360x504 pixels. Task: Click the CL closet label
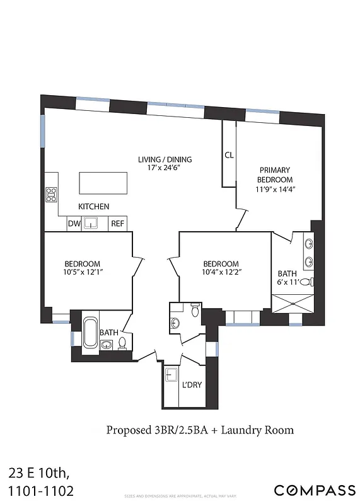[229, 155]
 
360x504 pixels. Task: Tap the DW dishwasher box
[74, 223]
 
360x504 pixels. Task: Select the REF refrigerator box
[117, 223]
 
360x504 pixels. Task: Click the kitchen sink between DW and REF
[93, 223]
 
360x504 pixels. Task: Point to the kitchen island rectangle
[102, 183]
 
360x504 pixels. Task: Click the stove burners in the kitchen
[50, 195]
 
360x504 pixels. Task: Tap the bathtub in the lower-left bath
[90, 335]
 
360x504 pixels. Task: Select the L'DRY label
[191, 385]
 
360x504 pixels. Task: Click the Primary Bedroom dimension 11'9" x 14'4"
[276, 188]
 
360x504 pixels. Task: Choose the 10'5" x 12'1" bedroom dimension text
[83, 272]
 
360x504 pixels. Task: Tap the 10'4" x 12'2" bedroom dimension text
[221, 272]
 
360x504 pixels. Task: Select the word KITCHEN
[93, 207]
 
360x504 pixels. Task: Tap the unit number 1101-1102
[37, 490]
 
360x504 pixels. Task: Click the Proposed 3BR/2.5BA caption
[200, 430]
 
